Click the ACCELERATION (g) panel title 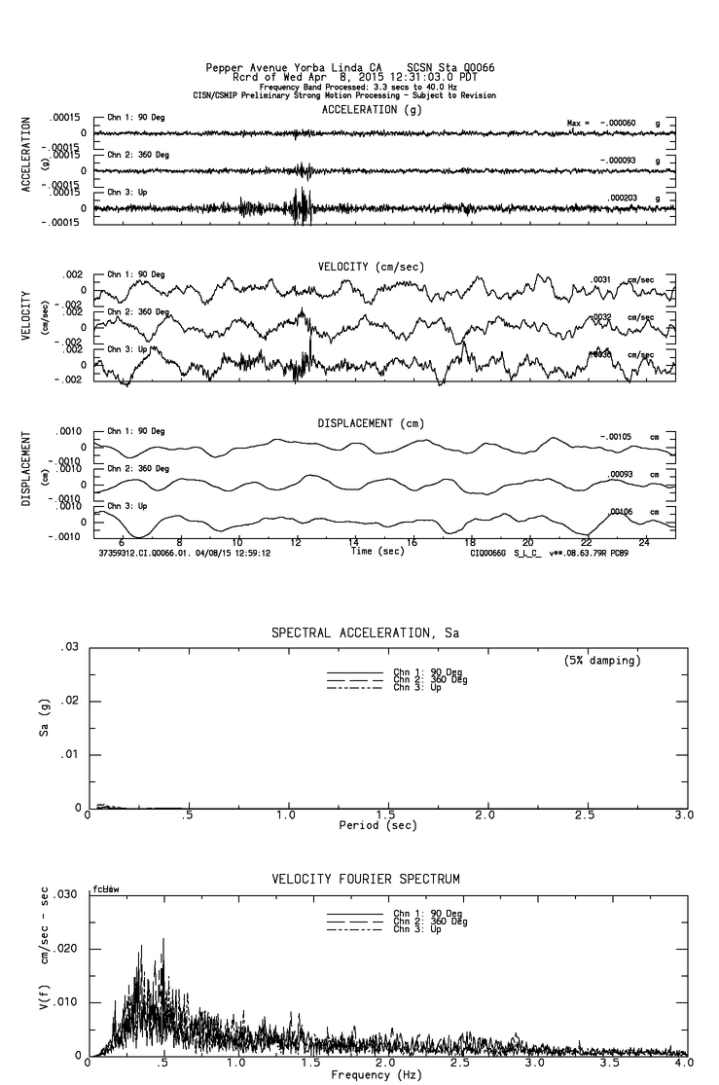coord(372,110)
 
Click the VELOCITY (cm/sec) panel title coord(371,267)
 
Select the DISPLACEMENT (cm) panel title coord(371,423)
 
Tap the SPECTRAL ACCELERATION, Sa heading coord(365,633)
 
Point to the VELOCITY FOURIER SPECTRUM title coord(365,879)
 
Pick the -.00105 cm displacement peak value coord(616,437)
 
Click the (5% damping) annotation coord(602,661)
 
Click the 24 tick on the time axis coord(644,543)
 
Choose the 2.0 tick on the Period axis coord(485,815)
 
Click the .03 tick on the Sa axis coord(71,647)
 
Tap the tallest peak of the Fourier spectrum coord(162,940)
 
